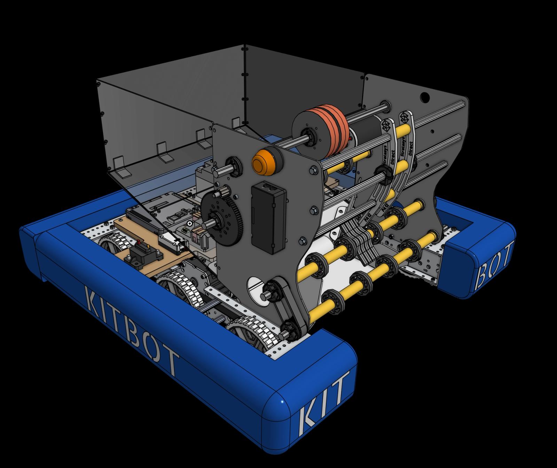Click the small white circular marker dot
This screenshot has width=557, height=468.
189,223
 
